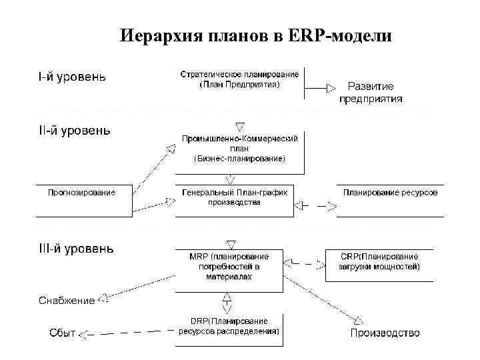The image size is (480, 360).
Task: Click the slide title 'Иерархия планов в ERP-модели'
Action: coord(256,35)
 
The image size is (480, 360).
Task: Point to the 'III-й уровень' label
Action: coord(75,249)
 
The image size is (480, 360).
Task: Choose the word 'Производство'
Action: coord(385,333)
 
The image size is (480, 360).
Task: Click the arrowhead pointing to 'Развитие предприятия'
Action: coord(331,87)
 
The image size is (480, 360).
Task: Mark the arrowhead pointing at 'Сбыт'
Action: coord(84,333)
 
